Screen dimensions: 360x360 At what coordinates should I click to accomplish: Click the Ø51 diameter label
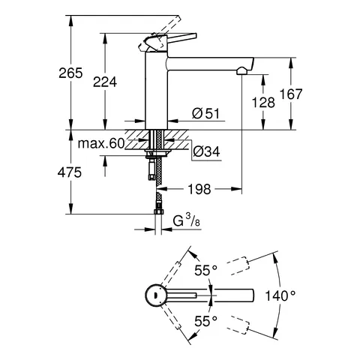click(x=205, y=114)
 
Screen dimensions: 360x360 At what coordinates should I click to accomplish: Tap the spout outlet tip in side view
click(x=241, y=71)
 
